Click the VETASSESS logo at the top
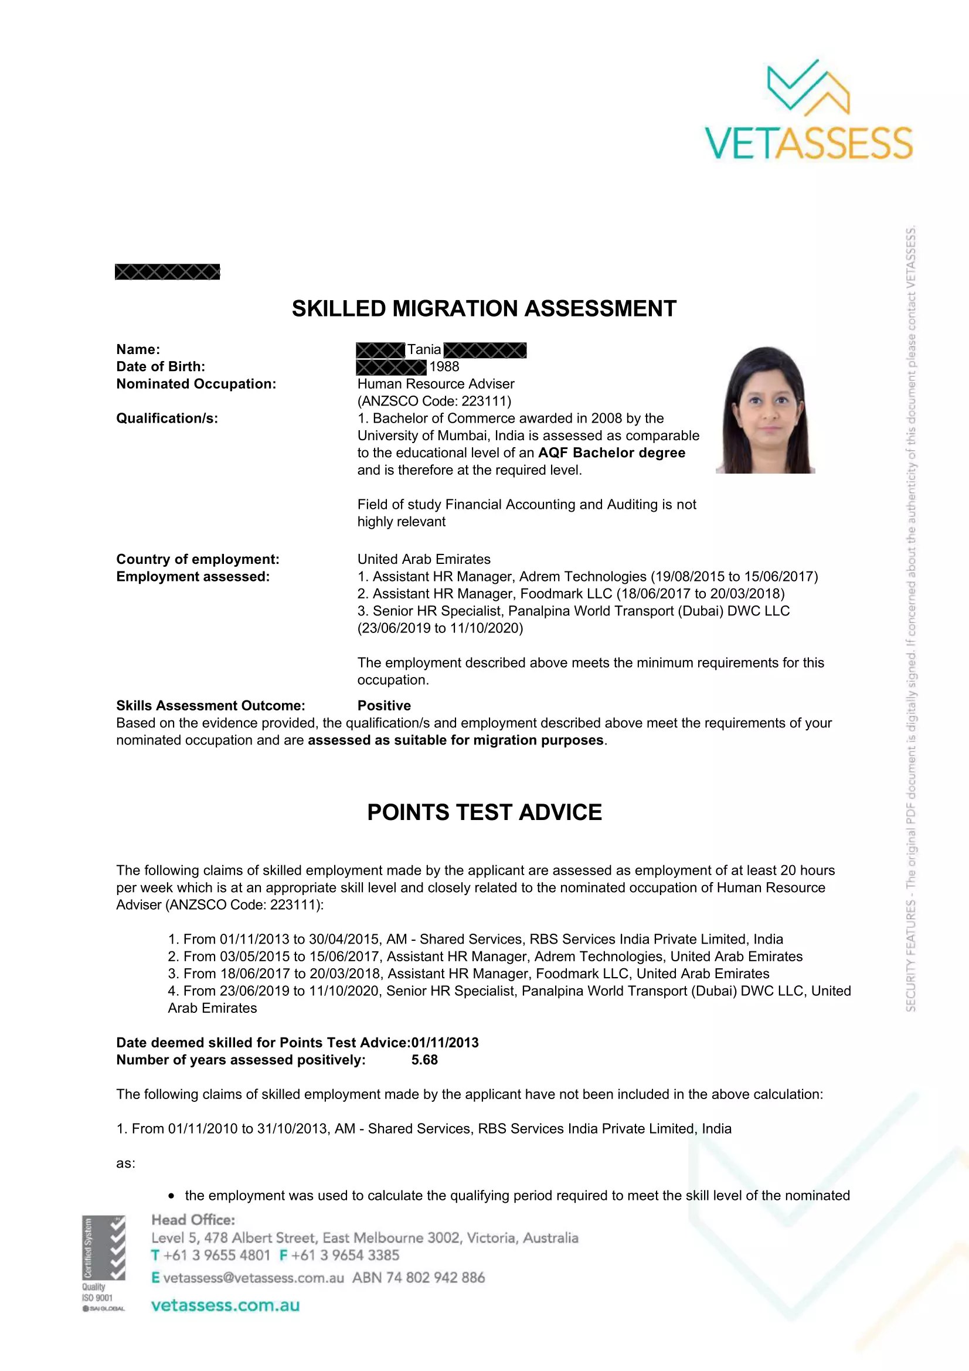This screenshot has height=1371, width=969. [808, 111]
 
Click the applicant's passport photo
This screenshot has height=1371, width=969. [766, 410]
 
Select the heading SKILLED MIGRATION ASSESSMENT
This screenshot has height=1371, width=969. [484, 309]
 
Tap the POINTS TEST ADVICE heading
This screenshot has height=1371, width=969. [484, 812]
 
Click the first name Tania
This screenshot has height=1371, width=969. [424, 350]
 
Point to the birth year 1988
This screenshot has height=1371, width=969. [444, 366]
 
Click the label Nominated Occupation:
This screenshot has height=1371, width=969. [196, 384]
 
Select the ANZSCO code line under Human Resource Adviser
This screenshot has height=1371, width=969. [434, 402]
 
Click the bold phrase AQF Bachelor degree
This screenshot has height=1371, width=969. [611, 453]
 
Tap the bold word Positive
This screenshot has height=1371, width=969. [384, 706]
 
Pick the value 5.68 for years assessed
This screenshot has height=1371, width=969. [424, 1060]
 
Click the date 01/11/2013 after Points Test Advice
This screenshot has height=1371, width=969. [445, 1043]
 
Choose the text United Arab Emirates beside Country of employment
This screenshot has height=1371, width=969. [424, 560]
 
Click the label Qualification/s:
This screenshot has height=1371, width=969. [167, 419]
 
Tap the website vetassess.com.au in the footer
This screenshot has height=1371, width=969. [225, 1305]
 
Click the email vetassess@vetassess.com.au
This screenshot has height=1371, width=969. [253, 1278]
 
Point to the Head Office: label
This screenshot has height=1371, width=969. [193, 1220]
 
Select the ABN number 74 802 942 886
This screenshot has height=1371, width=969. [435, 1278]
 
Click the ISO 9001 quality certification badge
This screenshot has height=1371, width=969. [104, 1264]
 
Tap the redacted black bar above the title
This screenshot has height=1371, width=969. [167, 273]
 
